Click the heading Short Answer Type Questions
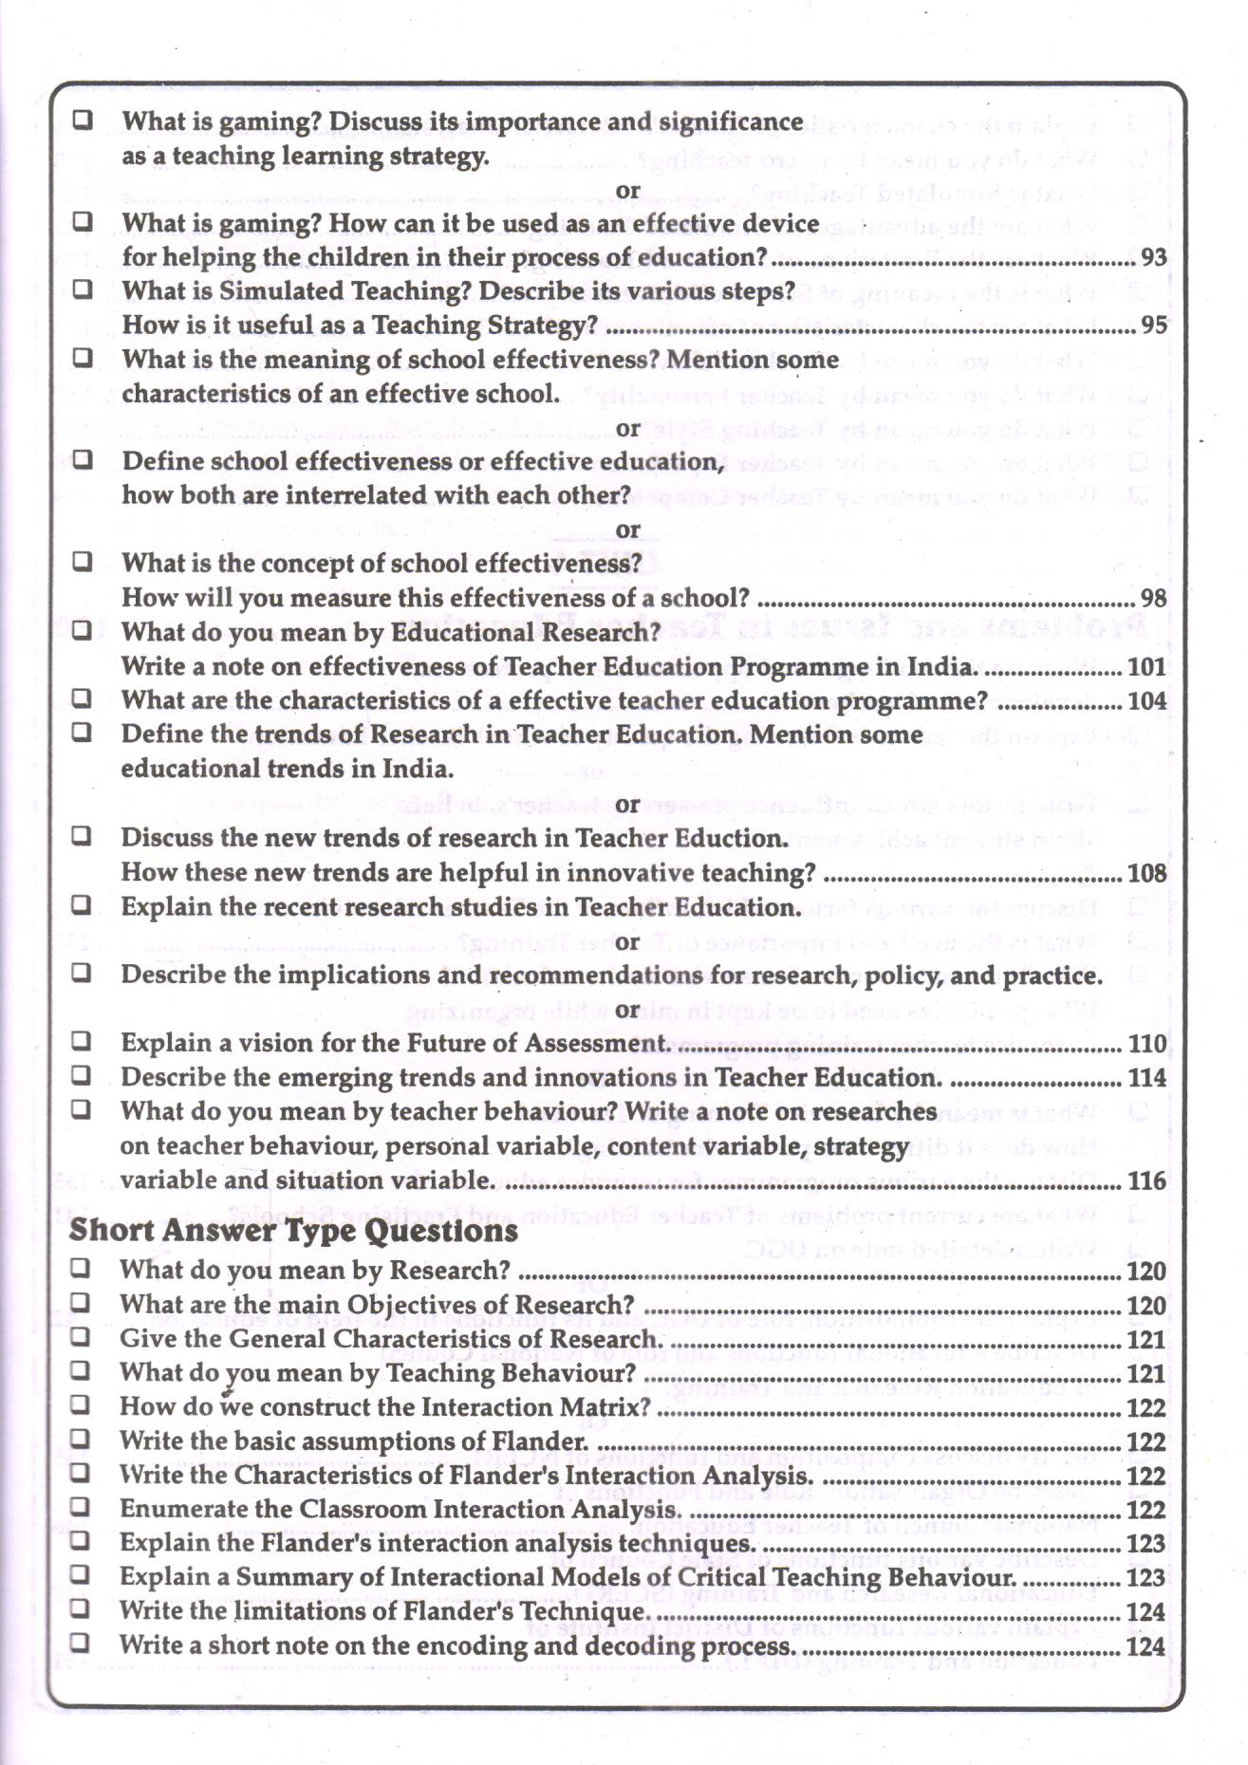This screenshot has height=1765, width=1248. [293, 1231]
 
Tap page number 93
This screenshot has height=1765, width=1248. [1153, 257]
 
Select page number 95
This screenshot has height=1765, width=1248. [1153, 325]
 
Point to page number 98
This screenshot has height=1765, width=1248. [1153, 599]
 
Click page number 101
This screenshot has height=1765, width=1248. [1146, 667]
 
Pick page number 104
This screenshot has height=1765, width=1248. [1146, 701]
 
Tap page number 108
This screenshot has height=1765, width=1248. [1146, 873]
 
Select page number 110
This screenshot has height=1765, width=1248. [1146, 1044]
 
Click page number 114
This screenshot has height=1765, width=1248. [1146, 1078]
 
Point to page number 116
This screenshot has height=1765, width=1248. [1146, 1181]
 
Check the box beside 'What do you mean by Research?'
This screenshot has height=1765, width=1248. [81, 1268]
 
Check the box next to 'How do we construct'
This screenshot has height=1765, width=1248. [81, 1404]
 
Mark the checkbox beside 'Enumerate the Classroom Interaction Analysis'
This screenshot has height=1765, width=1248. [81, 1507]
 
